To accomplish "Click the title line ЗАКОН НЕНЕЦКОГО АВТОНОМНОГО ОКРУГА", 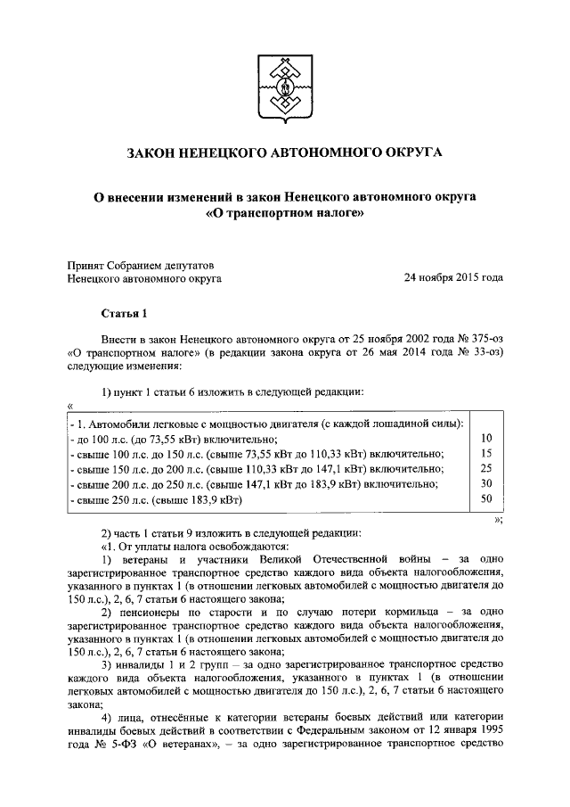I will point(284,153).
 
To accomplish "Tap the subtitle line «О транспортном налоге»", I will point(284,214).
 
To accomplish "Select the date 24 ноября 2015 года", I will point(453,278).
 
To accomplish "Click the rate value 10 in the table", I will point(485,438).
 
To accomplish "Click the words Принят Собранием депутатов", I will point(141,265).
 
